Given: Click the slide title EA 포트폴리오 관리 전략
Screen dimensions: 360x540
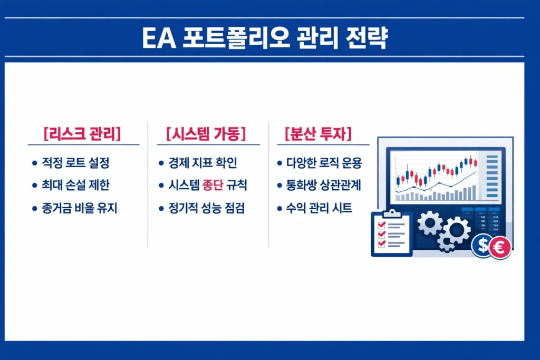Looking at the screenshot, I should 265,39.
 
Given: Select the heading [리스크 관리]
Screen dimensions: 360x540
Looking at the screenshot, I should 82,134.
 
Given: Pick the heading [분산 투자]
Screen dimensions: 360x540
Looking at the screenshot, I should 318,134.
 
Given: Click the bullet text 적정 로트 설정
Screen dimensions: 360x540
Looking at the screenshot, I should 75,163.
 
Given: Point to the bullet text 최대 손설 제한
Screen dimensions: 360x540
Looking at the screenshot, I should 75,186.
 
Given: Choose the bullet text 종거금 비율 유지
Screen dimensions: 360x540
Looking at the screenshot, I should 79,208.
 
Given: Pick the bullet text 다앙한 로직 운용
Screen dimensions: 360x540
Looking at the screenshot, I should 324,163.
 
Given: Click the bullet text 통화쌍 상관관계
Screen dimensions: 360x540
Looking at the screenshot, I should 324,186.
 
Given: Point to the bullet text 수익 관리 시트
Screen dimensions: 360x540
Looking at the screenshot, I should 320,208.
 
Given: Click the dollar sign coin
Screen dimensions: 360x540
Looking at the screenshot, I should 483,246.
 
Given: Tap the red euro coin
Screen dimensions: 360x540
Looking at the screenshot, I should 499,247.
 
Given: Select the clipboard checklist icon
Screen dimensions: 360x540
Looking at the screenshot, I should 391,233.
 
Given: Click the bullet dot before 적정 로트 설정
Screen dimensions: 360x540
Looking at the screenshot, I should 34,163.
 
